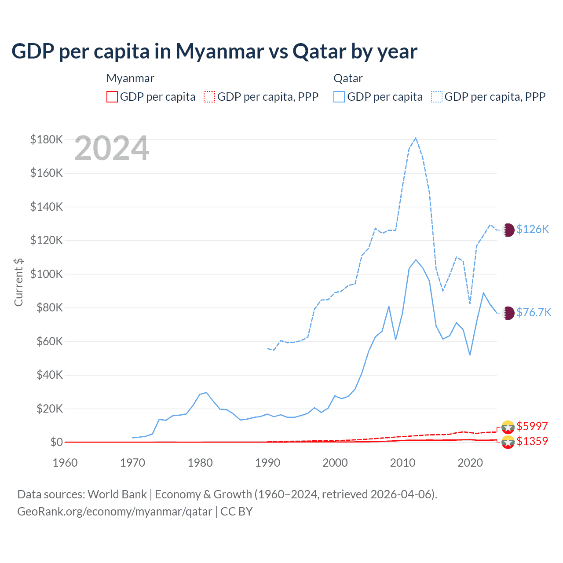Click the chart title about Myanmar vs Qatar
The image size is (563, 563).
pyautogui.click(x=214, y=51)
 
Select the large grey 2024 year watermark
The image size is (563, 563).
pyautogui.click(x=112, y=149)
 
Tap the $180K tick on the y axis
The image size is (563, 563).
pyautogui.click(x=47, y=139)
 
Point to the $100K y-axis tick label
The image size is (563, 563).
pyautogui.click(x=47, y=274)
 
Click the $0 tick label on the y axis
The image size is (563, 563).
pyautogui.click(x=56, y=442)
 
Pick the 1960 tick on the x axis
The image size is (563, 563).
pyautogui.click(x=65, y=463)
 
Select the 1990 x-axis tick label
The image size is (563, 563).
pyautogui.click(x=267, y=463)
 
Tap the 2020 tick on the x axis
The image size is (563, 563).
pyautogui.click(x=470, y=463)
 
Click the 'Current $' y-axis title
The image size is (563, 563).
pyautogui.click(x=18, y=282)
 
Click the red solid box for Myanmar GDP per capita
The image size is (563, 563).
pyautogui.click(x=112, y=97)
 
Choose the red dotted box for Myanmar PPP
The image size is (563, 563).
pyautogui.click(x=209, y=97)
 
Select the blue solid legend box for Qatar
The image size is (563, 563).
pyautogui.click(x=339, y=97)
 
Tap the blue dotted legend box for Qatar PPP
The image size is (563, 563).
pyautogui.click(x=437, y=97)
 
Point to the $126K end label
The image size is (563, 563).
pyautogui.click(x=533, y=229)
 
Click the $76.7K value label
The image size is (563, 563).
pyautogui.click(x=534, y=312)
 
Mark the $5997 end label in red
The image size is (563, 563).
pyautogui.click(x=532, y=426)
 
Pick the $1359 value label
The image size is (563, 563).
pyautogui.click(x=532, y=441)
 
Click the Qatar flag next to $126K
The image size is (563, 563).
pyautogui.click(x=508, y=230)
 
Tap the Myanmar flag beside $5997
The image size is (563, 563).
pyautogui.click(x=508, y=427)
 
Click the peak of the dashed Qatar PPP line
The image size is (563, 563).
pyautogui.click(x=416, y=138)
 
